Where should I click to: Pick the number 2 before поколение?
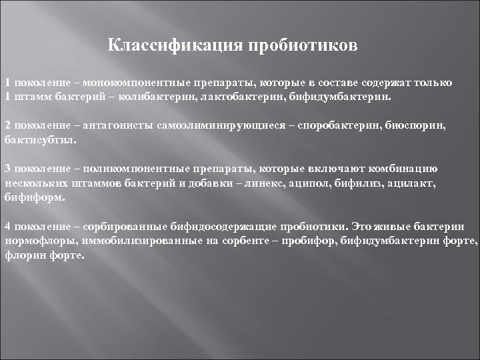click(8, 125)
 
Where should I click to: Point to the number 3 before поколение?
click(8, 168)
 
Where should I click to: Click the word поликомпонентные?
click(135, 168)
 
